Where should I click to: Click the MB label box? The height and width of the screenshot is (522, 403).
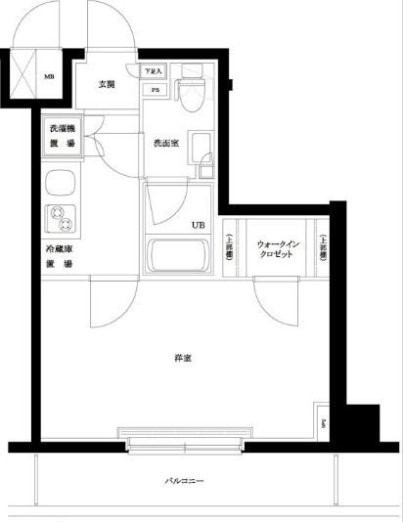50,74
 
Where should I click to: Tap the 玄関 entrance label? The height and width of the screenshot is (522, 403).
107,84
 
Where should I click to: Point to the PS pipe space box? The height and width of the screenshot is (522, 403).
156,90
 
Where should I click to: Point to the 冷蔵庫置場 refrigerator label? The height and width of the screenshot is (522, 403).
61,256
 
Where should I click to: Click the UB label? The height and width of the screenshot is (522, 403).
198,226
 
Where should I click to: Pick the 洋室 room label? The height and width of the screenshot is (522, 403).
183,359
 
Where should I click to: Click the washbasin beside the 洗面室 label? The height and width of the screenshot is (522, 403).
202,152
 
